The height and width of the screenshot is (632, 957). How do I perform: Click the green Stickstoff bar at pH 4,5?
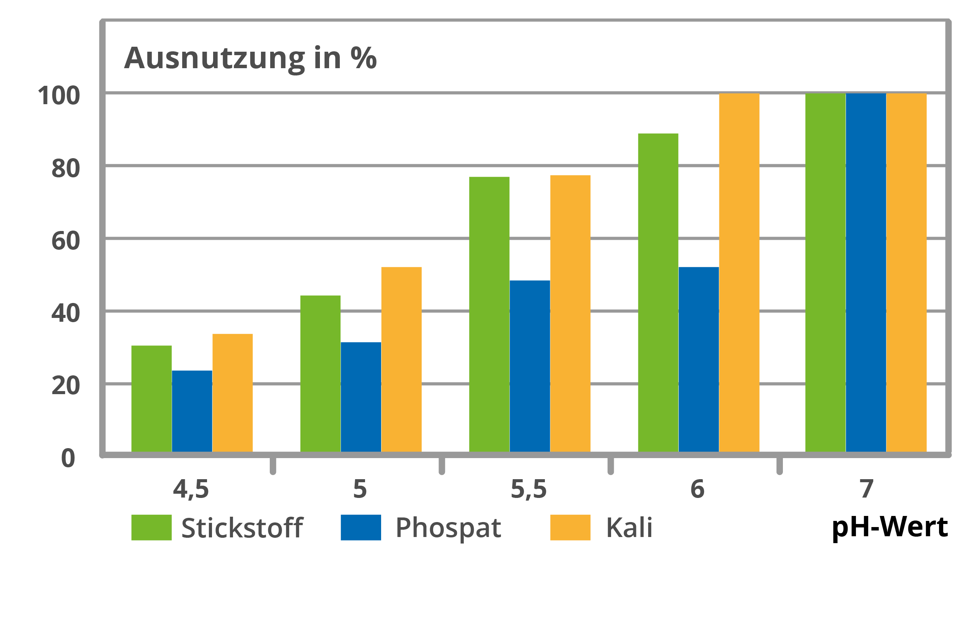pyautogui.click(x=152, y=399)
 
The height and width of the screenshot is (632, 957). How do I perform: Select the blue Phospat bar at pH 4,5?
pyautogui.click(x=192, y=411)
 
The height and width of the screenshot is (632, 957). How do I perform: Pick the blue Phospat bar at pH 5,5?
pyautogui.click(x=530, y=367)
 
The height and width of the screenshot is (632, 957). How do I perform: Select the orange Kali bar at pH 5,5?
pyautogui.click(x=571, y=314)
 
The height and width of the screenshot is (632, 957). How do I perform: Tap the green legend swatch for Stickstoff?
pyautogui.click(x=152, y=527)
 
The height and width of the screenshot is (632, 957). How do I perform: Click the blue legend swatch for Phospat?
pyautogui.click(x=361, y=527)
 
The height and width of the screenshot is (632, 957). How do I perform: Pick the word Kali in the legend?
pyautogui.click(x=629, y=527)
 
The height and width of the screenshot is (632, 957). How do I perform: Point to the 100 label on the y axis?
pyautogui.click(x=59, y=96)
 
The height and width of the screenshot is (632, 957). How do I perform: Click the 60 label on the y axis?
pyautogui.click(x=66, y=241)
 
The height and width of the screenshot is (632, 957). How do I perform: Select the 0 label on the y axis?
pyautogui.click(x=68, y=459)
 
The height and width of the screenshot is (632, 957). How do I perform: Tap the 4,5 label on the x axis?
pyautogui.click(x=191, y=489)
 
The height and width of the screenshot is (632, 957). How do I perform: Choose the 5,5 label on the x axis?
pyautogui.click(x=528, y=489)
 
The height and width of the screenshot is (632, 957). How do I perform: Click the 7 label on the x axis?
pyautogui.click(x=867, y=489)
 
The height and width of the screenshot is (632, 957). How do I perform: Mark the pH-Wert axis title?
pyautogui.click(x=890, y=527)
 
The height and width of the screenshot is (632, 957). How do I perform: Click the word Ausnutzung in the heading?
pyautogui.click(x=215, y=59)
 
